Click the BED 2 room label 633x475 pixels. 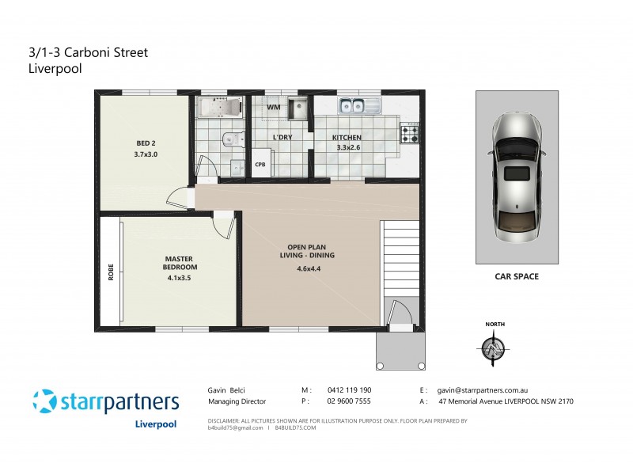[146, 143]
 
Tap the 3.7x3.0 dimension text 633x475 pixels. [146, 154]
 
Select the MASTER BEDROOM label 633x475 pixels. [179, 264]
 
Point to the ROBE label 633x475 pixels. [110, 272]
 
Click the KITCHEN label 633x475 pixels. [348, 138]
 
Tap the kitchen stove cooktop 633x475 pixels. [410, 135]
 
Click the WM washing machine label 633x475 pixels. [273, 107]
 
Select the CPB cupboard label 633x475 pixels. [260, 165]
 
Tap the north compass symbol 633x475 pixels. [495, 347]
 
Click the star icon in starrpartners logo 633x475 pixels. [45, 401]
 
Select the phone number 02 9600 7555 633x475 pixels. [350, 401]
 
